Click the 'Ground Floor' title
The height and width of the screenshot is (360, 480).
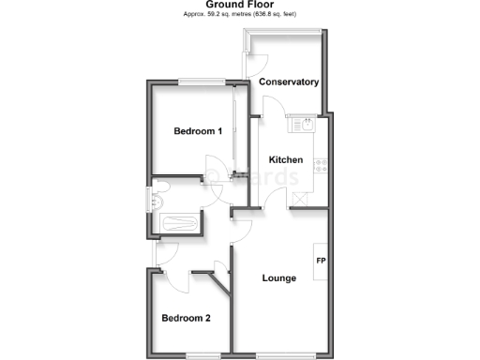click(x=239, y=5)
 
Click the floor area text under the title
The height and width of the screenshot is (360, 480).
click(x=239, y=15)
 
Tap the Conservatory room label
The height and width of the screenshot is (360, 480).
click(x=289, y=82)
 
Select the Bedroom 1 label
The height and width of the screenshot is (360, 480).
click(x=198, y=131)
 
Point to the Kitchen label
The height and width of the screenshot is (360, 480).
click(x=285, y=159)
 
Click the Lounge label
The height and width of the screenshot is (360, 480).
click(x=279, y=277)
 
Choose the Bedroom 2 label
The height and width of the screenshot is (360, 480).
click(x=186, y=318)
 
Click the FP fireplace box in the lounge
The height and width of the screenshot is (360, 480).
click(x=320, y=260)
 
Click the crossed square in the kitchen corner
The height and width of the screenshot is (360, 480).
click(x=300, y=197)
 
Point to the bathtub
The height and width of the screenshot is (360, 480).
click(x=178, y=224)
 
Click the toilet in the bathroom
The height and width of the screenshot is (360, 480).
click(x=156, y=202)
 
